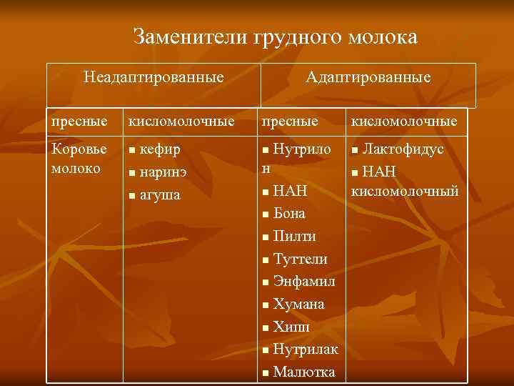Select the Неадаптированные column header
click(x=153, y=76)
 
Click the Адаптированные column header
click(x=368, y=76)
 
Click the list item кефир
click(x=160, y=149)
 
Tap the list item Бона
click(x=289, y=213)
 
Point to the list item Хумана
click(x=298, y=304)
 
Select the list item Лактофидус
click(x=403, y=149)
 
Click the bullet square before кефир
click(x=130, y=151)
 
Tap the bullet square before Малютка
click(x=265, y=373)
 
